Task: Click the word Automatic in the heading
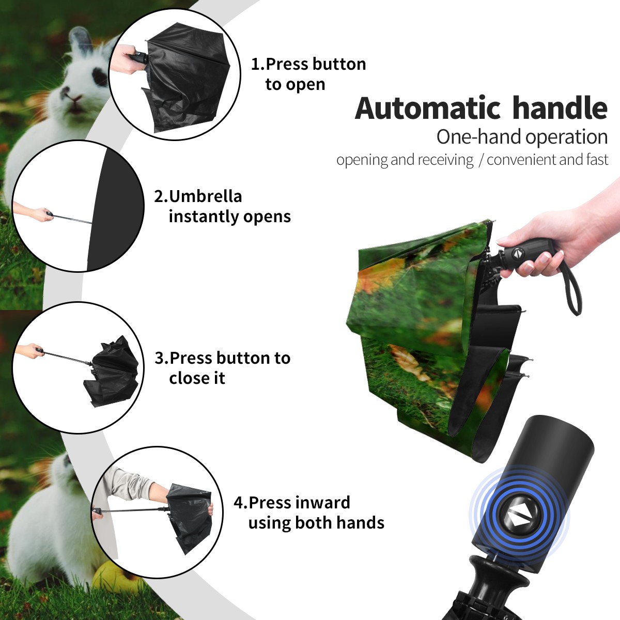point(428,109)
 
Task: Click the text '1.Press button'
point(308,64)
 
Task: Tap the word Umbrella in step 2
point(205,196)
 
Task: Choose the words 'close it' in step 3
point(197,378)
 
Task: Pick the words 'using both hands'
point(316,522)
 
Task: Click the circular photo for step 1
point(175,76)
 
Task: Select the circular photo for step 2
point(78,206)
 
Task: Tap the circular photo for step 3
point(78,367)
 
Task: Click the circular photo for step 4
point(157,512)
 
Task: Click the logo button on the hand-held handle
point(517,253)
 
